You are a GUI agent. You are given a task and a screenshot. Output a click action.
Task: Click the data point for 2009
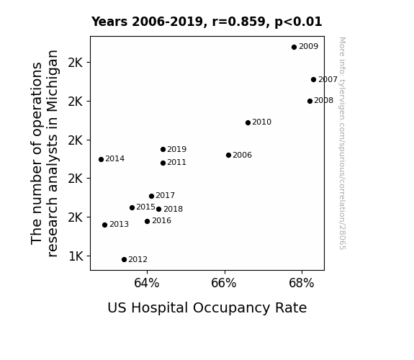tap(294, 47)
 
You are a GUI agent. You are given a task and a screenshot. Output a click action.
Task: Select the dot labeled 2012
tap(124, 260)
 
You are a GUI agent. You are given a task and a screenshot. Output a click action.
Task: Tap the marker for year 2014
tap(101, 159)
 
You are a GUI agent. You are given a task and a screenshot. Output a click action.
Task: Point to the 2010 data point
tap(248, 122)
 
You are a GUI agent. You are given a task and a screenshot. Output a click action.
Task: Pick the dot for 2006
tap(229, 155)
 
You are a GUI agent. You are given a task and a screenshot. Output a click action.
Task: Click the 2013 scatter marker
tap(105, 225)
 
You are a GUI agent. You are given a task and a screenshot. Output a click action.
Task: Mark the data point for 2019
tap(163, 150)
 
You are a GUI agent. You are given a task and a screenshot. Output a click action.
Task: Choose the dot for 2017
tap(151, 196)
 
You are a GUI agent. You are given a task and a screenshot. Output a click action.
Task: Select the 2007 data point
tap(313, 79)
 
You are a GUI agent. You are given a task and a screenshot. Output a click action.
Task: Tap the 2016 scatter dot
tap(148, 221)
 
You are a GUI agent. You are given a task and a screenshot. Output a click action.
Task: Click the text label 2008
tap(324, 101)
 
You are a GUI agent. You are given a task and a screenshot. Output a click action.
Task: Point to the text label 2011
tap(176, 163)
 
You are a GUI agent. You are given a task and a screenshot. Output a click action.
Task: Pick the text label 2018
tap(174, 210)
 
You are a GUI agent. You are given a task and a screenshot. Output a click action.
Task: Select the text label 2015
tap(145, 207)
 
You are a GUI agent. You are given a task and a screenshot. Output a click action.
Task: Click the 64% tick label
tap(147, 284)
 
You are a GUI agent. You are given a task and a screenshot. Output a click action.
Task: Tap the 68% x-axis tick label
tap(302, 284)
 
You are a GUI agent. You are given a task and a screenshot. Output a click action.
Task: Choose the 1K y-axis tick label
tap(76, 256)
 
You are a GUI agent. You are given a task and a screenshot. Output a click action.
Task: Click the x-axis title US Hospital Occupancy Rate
tap(207, 308)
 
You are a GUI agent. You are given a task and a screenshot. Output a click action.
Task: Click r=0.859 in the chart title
tap(239, 22)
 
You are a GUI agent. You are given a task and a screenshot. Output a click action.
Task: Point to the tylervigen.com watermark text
tap(342, 143)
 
